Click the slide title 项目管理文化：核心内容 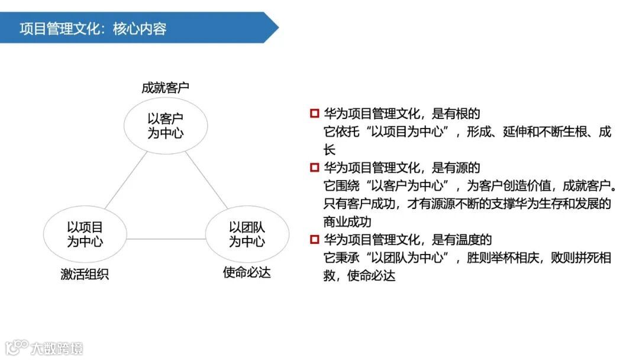[x=93, y=28]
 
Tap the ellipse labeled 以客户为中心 [x=165, y=126]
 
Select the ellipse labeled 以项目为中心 [x=85, y=234]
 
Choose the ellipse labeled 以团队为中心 [x=247, y=234]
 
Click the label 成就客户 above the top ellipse [x=165, y=88]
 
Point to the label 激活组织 [x=85, y=274]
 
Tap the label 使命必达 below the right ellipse [x=247, y=272]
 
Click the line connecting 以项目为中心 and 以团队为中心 [x=166, y=239]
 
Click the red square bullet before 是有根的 [x=314, y=113]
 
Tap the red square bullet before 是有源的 [x=314, y=168]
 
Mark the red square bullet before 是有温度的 [x=314, y=240]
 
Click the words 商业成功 [x=347, y=222]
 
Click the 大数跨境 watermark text [x=57, y=348]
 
